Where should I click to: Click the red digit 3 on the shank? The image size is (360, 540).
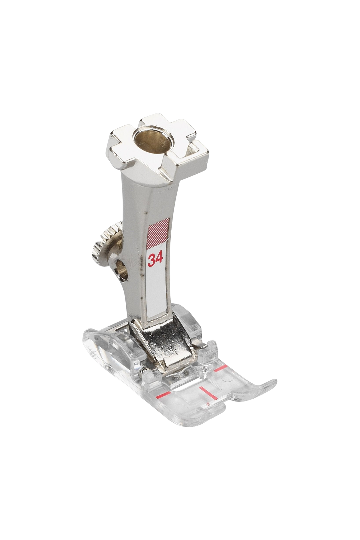tap(151, 259)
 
